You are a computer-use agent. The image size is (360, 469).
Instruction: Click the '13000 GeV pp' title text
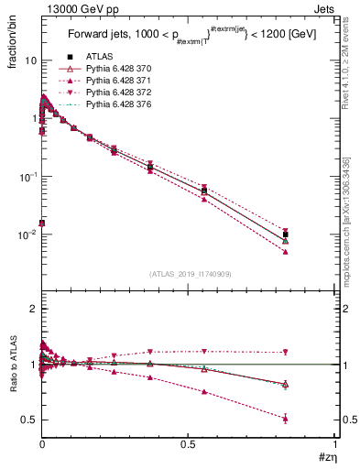tap(79, 8)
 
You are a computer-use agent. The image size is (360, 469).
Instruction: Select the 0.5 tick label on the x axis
tap(188, 444)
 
